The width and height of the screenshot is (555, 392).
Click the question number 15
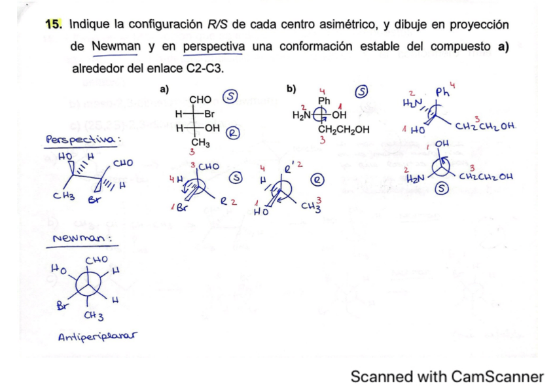[52, 25]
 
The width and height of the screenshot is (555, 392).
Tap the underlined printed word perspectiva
[215, 46]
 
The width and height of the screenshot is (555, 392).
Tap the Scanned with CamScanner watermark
[447, 376]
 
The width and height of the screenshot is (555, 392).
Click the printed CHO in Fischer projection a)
[200, 99]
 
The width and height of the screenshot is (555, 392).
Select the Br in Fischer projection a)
[211, 113]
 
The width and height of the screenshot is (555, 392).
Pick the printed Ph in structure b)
[323, 100]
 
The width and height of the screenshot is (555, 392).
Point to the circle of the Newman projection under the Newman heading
[86, 286]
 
